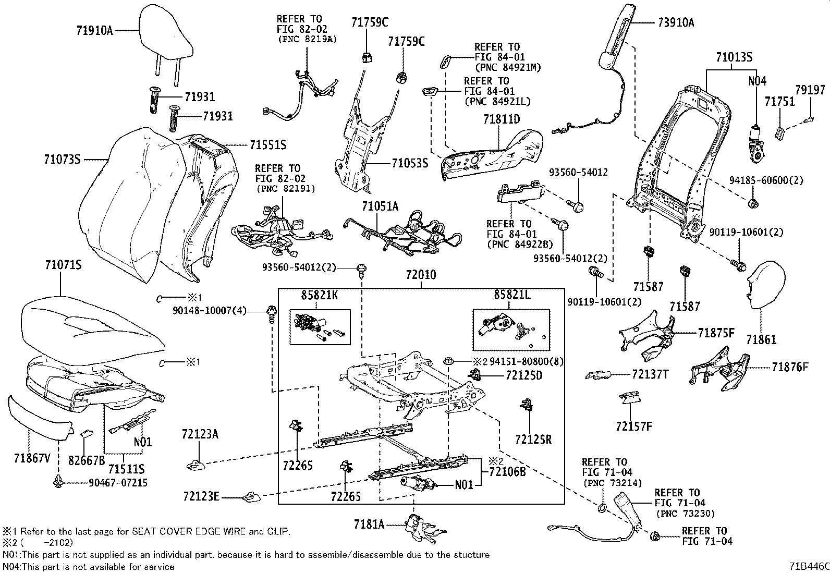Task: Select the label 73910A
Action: (676, 22)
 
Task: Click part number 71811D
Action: (501, 119)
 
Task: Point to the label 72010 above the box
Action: (421, 275)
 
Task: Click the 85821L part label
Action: (512, 295)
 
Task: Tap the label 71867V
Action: (32, 458)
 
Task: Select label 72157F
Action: (633, 426)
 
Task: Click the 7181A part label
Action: (369, 524)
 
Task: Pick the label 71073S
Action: (62, 159)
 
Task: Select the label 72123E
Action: (201, 496)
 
